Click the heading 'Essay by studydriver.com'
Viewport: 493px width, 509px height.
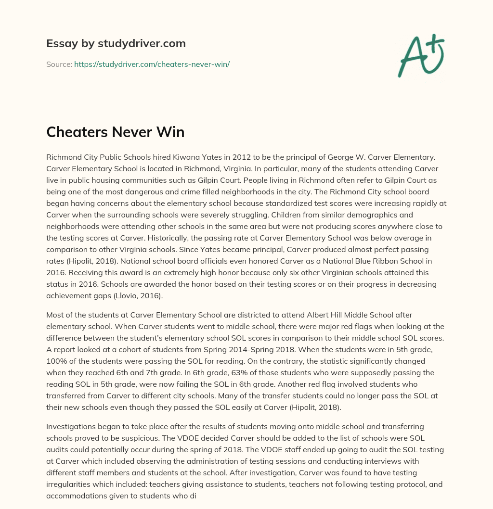coord(116,43)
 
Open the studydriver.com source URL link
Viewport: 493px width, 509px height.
coord(152,64)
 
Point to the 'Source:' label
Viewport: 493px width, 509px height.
coord(59,64)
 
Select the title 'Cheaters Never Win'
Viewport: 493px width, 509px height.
coord(115,132)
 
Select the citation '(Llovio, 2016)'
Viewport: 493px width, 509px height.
coord(139,295)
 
